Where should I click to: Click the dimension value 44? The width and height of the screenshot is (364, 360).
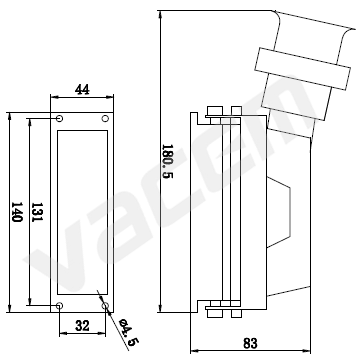tap(82, 89)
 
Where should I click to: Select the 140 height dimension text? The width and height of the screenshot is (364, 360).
tap(16, 212)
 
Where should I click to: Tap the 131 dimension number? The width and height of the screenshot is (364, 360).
tap(36, 212)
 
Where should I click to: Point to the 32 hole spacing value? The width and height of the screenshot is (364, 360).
tap(82, 326)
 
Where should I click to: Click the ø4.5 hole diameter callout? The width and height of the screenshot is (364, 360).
tap(129, 332)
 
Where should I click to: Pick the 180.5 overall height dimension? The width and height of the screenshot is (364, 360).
tap(167, 161)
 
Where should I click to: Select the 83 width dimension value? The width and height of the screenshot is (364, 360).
tap(250, 343)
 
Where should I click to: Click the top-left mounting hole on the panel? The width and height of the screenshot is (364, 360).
tap(60, 118)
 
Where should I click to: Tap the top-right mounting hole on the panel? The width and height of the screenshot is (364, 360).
tap(105, 118)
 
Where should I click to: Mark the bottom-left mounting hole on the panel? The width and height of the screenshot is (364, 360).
tap(60, 305)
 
